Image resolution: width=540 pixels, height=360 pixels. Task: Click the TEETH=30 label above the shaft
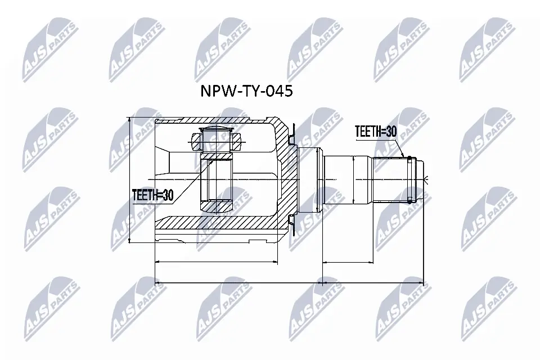point(376,132)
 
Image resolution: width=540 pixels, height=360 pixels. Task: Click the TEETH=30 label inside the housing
point(152,195)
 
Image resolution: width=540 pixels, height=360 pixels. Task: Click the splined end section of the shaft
point(391,179)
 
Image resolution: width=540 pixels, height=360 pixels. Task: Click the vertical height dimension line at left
point(130,180)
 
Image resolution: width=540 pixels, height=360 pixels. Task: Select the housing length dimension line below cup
point(216,262)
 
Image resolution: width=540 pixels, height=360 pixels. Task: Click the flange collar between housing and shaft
point(308,179)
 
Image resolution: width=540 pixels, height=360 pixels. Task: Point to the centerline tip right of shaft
point(427,179)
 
